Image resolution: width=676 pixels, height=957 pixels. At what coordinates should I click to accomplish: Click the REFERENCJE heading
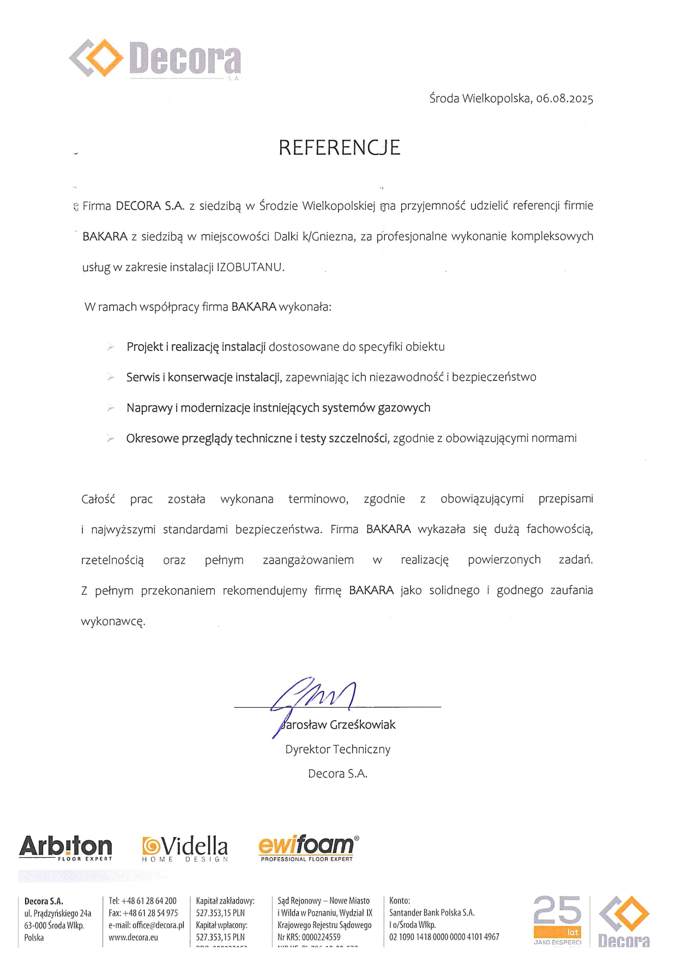coord(339,147)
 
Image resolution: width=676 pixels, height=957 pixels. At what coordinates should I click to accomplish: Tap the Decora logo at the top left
coord(155,58)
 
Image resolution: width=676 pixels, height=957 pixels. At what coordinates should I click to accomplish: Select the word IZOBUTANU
coord(250,267)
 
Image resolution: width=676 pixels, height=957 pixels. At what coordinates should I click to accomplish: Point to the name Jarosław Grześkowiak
coord(338,725)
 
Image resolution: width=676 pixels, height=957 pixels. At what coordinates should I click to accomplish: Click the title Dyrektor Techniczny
coord(337,750)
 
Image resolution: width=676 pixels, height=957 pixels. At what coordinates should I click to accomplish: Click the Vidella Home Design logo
coord(185,848)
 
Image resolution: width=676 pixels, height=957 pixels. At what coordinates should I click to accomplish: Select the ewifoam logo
coord(308,847)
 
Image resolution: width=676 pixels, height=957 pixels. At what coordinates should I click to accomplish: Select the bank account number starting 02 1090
coord(444,937)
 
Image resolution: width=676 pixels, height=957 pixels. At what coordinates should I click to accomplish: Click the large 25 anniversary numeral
coord(557,910)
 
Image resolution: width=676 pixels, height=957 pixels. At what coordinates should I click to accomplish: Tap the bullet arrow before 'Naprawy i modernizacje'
coord(111,408)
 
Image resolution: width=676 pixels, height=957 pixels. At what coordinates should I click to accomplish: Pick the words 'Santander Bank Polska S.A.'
coord(432,913)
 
